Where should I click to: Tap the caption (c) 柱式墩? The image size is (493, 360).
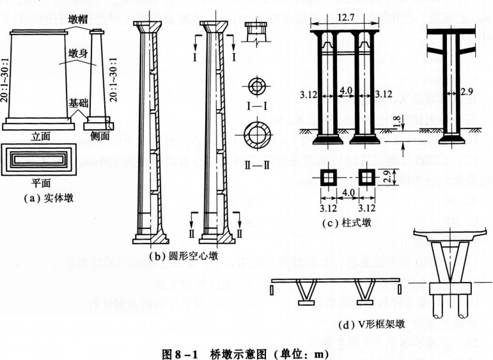click(345, 223)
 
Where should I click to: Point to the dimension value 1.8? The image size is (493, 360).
click(398, 119)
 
